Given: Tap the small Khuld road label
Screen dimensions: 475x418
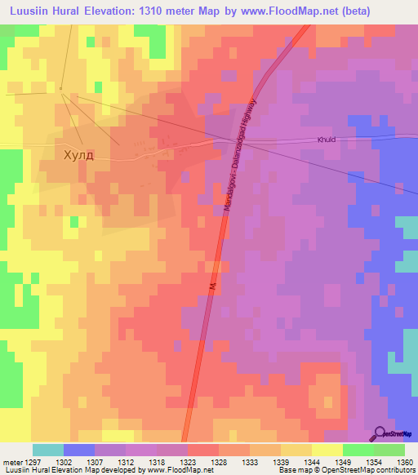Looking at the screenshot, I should (x=327, y=140).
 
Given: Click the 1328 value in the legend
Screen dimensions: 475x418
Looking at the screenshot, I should (x=218, y=461).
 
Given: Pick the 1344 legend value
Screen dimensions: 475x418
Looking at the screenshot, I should (x=311, y=461).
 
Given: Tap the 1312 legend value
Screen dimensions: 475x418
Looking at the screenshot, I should (x=125, y=461).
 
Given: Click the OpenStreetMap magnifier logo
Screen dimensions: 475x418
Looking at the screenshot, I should (x=381, y=433).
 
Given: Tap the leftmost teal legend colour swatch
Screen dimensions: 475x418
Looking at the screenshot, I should (x=48, y=450).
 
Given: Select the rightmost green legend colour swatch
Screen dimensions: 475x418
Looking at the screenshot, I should (x=389, y=450).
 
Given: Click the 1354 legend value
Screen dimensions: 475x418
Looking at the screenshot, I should (x=374, y=461).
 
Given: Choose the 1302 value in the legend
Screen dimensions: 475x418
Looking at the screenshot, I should (x=63, y=461).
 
